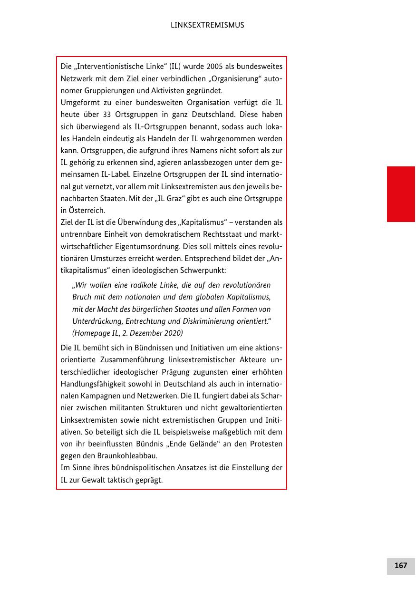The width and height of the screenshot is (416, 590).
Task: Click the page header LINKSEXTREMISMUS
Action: pos(207,25)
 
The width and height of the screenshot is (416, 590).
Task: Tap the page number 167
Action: pos(401,566)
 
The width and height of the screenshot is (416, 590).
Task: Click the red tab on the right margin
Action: pos(401,194)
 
